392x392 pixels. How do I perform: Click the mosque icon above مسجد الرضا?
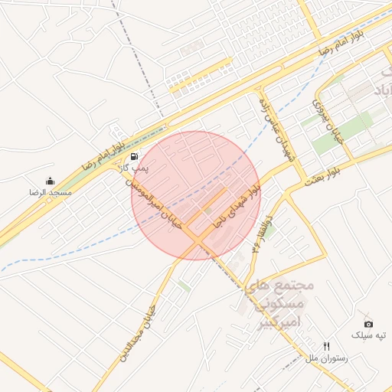pyautogui.click(x=51, y=181)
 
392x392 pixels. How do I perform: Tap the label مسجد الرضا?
pyautogui.click(x=51, y=193)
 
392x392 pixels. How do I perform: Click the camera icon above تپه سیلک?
pyautogui.click(x=368, y=324)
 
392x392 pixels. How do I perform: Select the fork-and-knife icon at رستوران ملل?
pyautogui.click(x=327, y=346)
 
